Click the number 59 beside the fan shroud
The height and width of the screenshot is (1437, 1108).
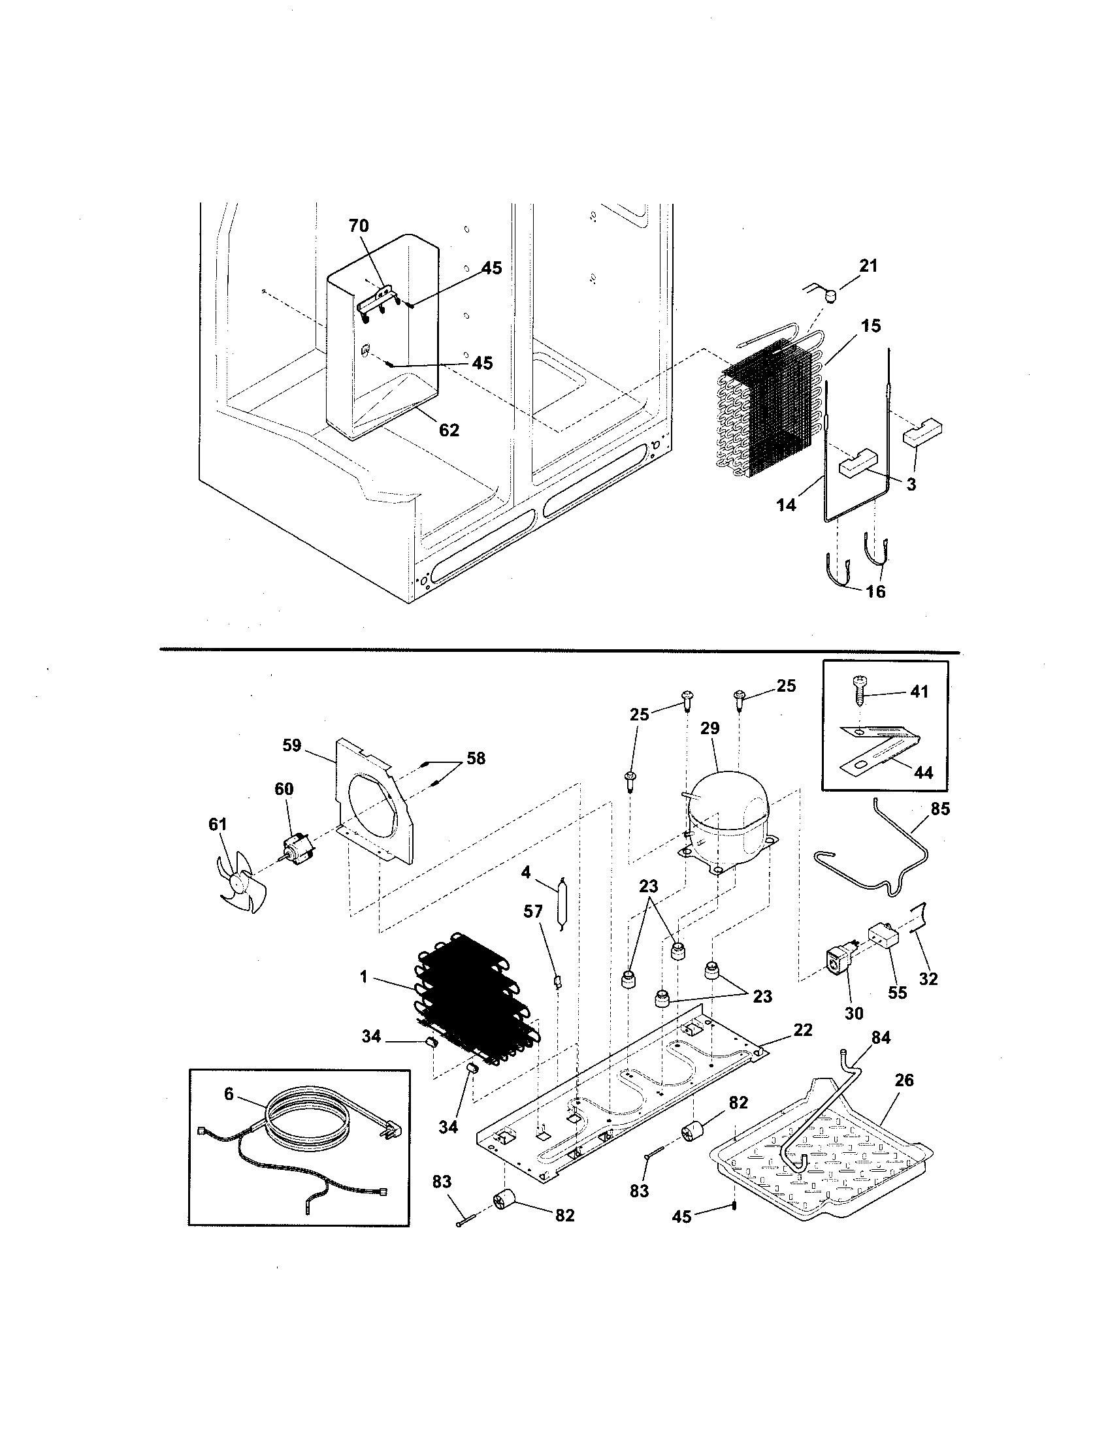pyautogui.click(x=291, y=745)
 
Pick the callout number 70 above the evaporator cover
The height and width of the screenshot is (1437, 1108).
pyautogui.click(x=359, y=226)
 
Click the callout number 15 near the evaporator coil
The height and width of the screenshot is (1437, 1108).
pyautogui.click(x=870, y=326)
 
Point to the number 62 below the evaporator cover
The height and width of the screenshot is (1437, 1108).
pyautogui.click(x=449, y=430)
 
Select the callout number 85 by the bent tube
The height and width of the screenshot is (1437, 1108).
pyautogui.click(x=940, y=809)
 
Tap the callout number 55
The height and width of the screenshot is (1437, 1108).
pyautogui.click(x=898, y=1011)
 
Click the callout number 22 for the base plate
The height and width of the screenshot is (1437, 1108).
pyautogui.click(x=803, y=1029)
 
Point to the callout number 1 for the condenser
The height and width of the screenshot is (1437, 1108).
pyautogui.click(x=363, y=995)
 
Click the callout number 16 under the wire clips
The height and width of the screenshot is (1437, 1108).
pyautogui.click(x=875, y=591)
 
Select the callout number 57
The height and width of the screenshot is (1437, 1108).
pyautogui.click(x=533, y=911)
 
